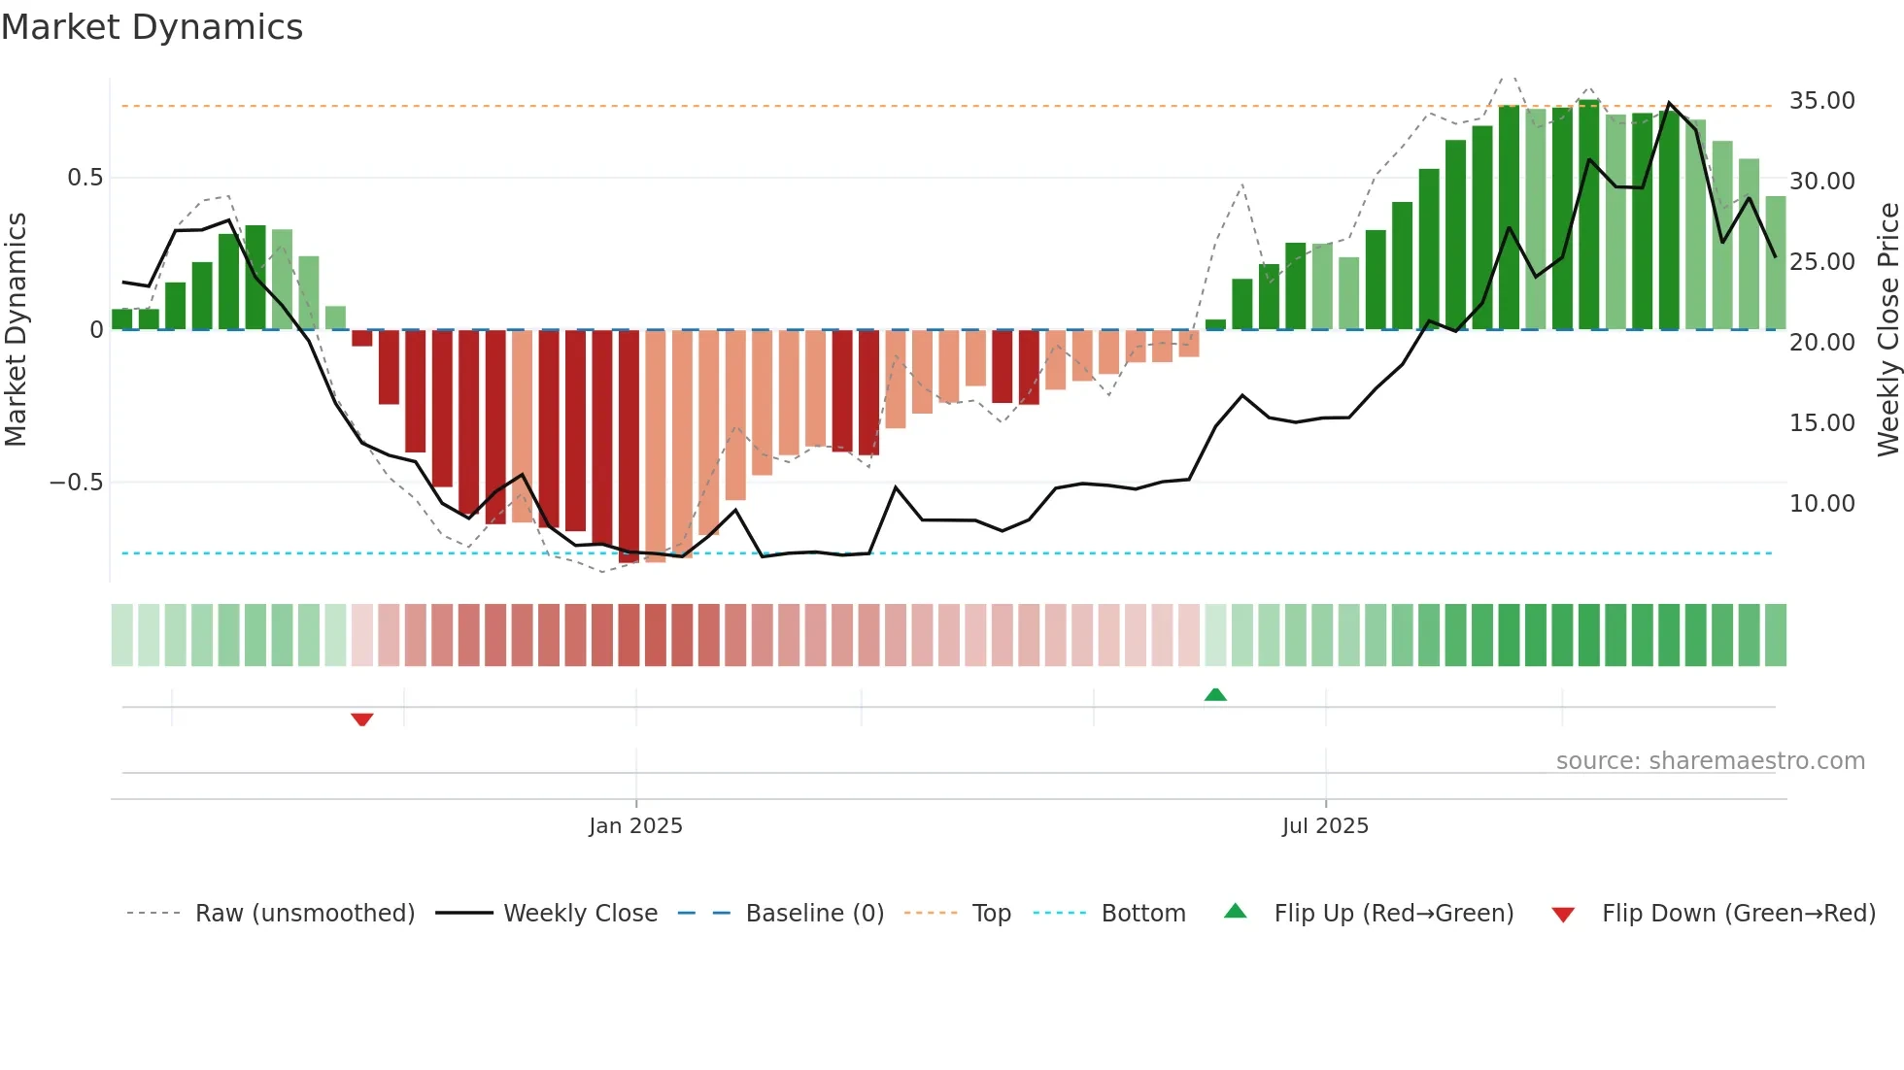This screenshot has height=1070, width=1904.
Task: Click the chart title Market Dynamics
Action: point(152,27)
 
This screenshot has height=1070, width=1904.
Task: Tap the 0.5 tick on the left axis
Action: point(85,178)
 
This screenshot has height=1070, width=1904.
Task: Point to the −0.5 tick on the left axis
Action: point(77,483)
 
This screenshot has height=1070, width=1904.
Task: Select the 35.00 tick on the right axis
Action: point(1821,101)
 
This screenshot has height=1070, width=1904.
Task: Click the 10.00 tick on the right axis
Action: point(1821,504)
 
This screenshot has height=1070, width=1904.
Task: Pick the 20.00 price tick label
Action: point(1821,343)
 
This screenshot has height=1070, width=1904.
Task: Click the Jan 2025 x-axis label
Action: point(635,826)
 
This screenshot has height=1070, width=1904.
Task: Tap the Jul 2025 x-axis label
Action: point(1324,826)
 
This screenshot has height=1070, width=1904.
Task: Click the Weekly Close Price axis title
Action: point(1887,330)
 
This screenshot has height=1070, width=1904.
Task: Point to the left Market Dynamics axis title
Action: point(16,330)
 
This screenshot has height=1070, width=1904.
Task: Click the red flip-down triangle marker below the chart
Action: point(362,719)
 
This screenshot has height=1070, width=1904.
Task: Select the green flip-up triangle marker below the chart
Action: point(1215,694)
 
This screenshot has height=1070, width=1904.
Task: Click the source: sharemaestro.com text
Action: point(1710,761)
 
